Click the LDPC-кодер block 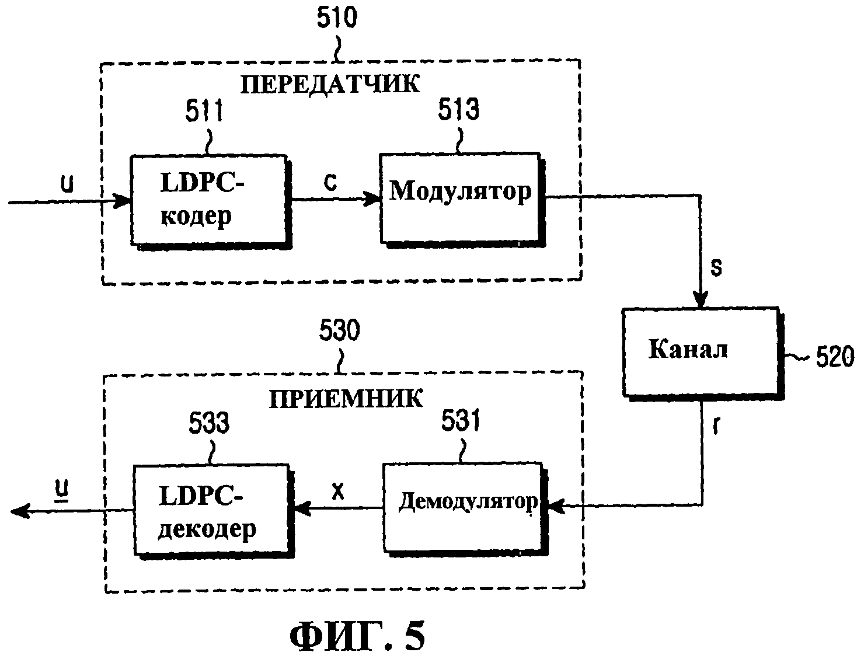click(x=209, y=200)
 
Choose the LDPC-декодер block click(x=210, y=510)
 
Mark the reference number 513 click(x=459, y=109)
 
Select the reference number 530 click(x=340, y=332)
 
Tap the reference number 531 click(x=461, y=421)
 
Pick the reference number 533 click(x=210, y=424)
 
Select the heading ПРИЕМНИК click(x=346, y=399)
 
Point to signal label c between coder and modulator click(x=330, y=183)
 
